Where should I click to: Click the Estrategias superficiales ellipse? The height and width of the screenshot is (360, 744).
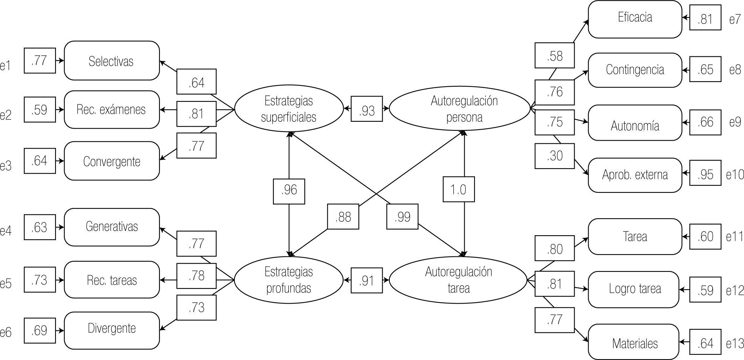pyautogui.click(x=289, y=109)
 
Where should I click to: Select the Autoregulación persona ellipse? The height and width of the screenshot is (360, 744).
pyautogui.click(x=460, y=109)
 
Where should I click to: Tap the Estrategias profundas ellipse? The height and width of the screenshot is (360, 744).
pyautogui.click(x=289, y=280)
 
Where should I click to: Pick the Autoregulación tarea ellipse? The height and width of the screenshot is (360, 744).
pyautogui.click(x=458, y=280)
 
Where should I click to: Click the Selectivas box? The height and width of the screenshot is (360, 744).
pyautogui.click(x=112, y=61)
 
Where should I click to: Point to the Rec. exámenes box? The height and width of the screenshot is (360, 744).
pyautogui.click(x=112, y=110)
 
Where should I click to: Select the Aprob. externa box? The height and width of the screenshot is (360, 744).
pyautogui.click(x=635, y=175)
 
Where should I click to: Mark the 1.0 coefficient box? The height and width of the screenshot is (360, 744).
pyautogui.click(x=459, y=189)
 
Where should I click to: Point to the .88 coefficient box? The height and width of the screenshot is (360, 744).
pyautogui.click(x=343, y=217)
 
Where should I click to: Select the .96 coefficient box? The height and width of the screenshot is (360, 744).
pyautogui.click(x=289, y=190)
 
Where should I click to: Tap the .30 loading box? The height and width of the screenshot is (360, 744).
pyautogui.click(x=555, y=156)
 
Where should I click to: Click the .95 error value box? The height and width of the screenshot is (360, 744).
pyautogui.click(x=705, y=174)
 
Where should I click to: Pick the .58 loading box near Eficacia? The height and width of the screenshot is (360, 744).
pyautogui.click(x=555, y=56)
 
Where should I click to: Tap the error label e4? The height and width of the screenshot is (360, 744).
pyautogui.click(x=6, y=231)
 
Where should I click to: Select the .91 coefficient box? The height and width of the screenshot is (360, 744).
pyautogui.click(x=367, y=281)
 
